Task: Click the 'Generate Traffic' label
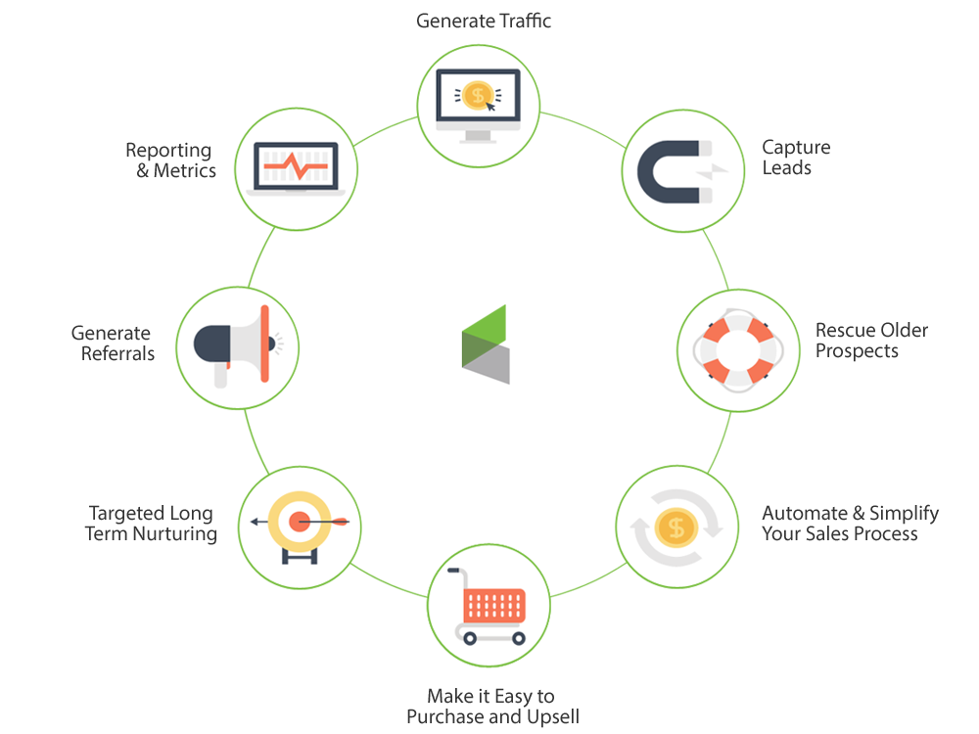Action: (484, 20)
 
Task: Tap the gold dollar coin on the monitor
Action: (479, 95)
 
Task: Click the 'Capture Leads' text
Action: (796, 158)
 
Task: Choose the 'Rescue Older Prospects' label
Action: (870, 340)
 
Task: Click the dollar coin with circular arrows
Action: (675, 529)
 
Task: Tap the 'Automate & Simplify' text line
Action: (850, 513)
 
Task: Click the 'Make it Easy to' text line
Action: (490, 696)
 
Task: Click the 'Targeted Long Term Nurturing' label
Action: (152, 523)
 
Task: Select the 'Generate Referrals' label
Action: (112, 343)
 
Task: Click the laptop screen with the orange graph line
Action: (295, 167)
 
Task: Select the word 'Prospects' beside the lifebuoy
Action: (857, 350)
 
